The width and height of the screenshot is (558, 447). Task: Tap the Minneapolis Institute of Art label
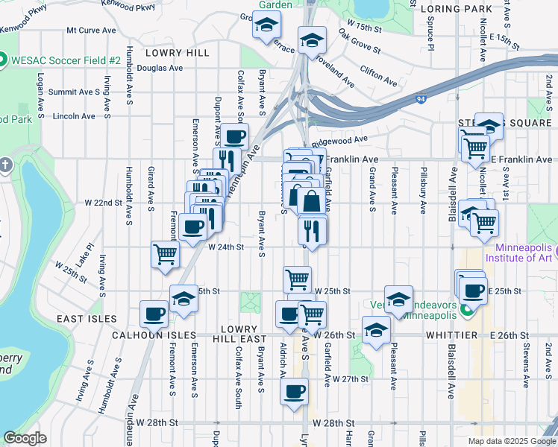click(x=518, y=253)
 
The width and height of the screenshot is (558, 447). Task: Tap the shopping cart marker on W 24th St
click(x=165, y=253)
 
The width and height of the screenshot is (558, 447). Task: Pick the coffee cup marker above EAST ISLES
click(x=154, y=313)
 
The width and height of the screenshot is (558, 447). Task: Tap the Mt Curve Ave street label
click(x=92, y=31)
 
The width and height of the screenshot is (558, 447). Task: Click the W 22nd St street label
click(x=103, y=203)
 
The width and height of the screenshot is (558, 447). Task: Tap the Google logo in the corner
click(x=25, y=438)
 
